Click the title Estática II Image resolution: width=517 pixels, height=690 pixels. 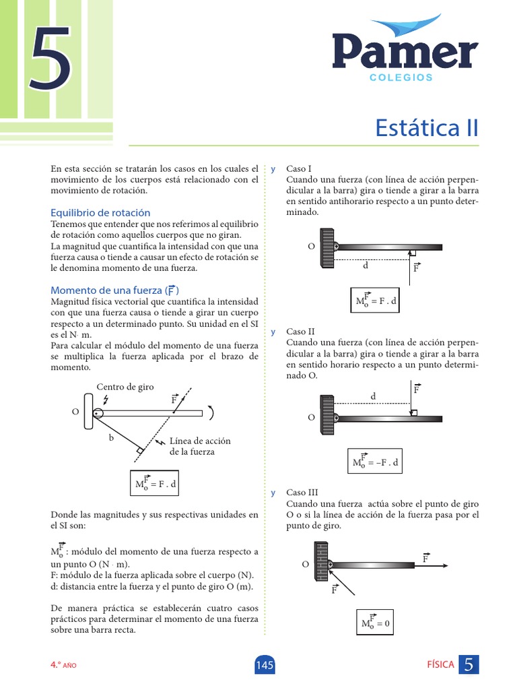(x=426, y=127)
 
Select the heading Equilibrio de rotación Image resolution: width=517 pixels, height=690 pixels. (x=100, y=212)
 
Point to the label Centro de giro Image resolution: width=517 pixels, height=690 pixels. (x=125, y=387)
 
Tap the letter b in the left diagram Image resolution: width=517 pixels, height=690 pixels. (x=111, y=437)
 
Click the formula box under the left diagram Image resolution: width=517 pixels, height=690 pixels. (x=156, y=484)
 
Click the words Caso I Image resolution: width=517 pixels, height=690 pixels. (x=300, y=168)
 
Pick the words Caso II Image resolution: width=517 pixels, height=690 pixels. (x=301, y=332)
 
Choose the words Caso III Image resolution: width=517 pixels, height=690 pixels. (x=302, y=493)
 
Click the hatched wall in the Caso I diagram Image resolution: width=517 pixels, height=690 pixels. (x=327, y=247)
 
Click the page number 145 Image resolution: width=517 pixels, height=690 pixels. (x=265, y=666)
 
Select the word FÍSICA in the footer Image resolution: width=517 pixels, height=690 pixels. (x=441, y=665)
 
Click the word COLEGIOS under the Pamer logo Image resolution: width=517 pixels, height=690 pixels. (x=401, y=77)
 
